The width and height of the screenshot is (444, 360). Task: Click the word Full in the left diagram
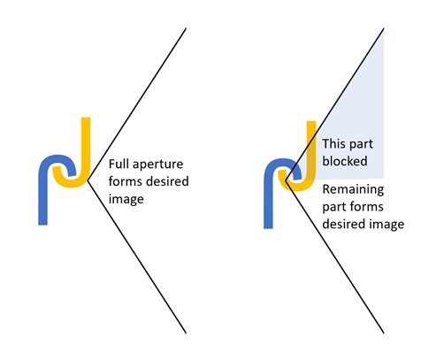tap(119, 164)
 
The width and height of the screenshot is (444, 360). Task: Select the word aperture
tap(157, 165)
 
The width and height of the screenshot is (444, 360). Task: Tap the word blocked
tap(345, 161)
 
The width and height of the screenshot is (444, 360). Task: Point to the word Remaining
tap(353, 189)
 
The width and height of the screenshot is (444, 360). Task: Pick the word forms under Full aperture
tap(126, 181)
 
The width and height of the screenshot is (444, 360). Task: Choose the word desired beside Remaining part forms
tap(342, 224)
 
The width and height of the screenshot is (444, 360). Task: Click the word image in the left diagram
tap(126, 200)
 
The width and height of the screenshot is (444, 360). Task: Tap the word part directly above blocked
tap(362, 145)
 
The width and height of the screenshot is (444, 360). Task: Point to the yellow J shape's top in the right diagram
tap(311, 121)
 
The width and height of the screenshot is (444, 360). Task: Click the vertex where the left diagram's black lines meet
tap(88, 180)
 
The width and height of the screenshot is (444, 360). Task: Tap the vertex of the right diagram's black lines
tap(286, 180)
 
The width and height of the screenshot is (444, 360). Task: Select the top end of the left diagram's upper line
tap(186, 28)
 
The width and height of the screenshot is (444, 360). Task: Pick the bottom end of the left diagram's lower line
tap(186, 333)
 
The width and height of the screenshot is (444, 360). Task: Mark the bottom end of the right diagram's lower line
tap(384, 333)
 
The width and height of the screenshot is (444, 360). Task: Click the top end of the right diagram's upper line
tap(384, 28)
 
